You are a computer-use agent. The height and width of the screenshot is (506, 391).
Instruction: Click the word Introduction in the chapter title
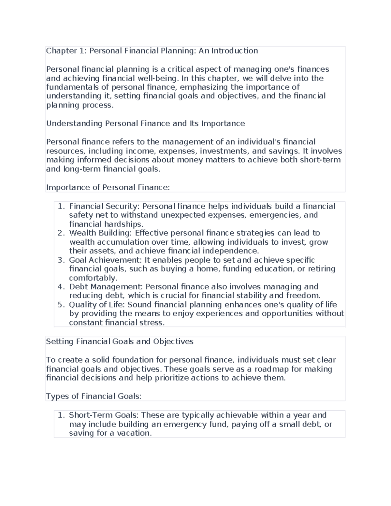[x=235, y=51]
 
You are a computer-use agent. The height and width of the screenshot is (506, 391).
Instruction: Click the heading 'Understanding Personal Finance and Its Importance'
[x=145, y=123]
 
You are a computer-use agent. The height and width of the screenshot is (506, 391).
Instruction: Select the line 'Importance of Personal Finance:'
[x=108, y=187]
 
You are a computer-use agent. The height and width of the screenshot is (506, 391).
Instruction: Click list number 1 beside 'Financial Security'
[x=60, y=206]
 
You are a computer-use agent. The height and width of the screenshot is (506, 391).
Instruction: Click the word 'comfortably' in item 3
[x=92, y=278]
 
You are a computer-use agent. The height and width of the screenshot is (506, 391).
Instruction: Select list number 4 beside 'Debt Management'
[x=60, y=287]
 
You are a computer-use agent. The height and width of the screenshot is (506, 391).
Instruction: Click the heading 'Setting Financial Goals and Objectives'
[x=120, y=341]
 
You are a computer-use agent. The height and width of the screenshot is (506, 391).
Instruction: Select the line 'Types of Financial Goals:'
[x=94, y=396]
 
